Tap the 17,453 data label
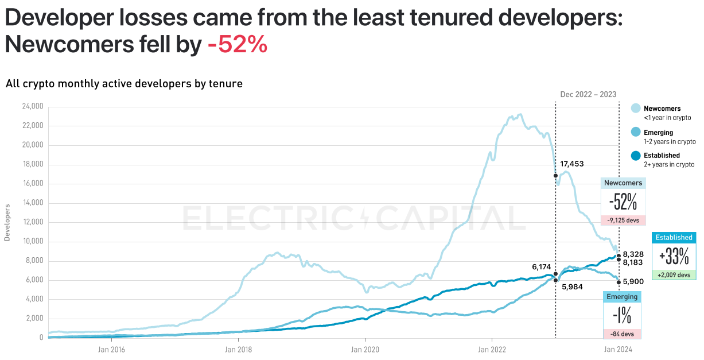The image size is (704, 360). click(571, 164)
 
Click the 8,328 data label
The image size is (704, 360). click(633, 254)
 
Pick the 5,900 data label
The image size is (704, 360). click(633, 282)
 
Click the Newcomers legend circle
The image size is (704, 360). click(636, 109)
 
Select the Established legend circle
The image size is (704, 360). click(636, 156)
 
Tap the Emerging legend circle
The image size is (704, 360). click(636, 132)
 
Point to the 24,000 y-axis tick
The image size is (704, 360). click(33, 107)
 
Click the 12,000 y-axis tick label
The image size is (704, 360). click(33, 222)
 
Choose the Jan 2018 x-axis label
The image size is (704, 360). click(238, 349)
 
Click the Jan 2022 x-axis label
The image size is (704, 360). click(492, 349)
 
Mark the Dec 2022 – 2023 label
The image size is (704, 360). click(589, 94)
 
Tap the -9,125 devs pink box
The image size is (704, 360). click(623, 220)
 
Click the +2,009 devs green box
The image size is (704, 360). click(674, 274)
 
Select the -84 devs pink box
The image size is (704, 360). click(622, 334)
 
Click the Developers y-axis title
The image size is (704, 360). click(7, 222)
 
